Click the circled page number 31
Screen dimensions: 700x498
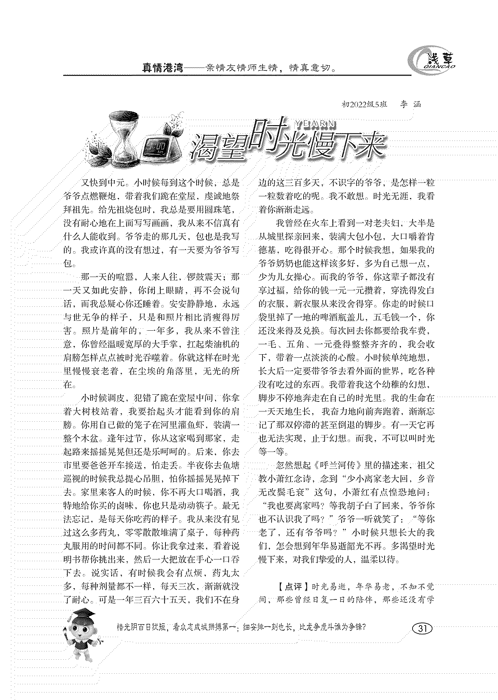422,629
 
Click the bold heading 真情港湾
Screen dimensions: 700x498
162,68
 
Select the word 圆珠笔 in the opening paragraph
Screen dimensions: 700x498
221,210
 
